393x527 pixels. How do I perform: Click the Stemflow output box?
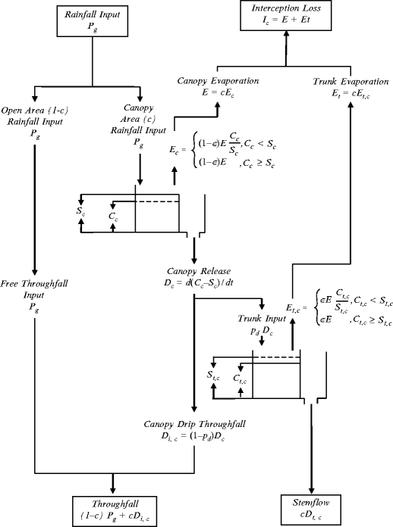(311, 508)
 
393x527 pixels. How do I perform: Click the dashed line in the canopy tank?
(157, 201)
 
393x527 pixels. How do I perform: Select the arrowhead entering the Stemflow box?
(311, 490)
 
